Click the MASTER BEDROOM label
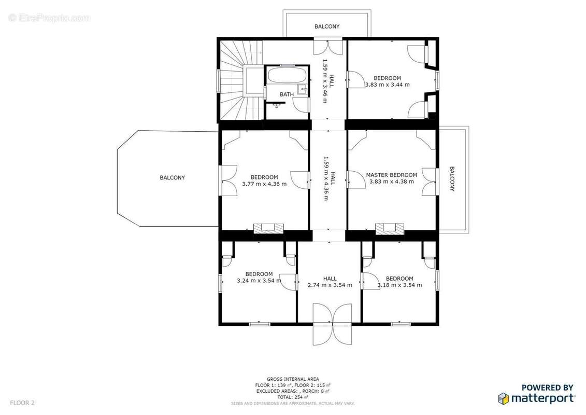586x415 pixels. [391, 175]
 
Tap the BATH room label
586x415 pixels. [287, 94]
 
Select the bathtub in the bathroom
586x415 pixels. [287, 76]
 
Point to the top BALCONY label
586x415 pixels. [327, 26]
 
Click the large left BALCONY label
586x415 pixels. [172, 178]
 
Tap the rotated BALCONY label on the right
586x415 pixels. [452, 179]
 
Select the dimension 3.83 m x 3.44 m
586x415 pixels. [387, 85]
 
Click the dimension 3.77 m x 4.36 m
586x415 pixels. [264, 184]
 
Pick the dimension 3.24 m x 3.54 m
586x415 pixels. [259, 281]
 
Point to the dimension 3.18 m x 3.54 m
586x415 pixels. [399, 285]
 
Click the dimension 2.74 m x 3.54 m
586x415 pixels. [330, 285]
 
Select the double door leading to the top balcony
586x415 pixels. [327, 47]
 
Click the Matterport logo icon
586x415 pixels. [504, 398]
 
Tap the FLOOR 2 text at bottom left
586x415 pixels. [22, 403]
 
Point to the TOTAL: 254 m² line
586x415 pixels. [293, 397]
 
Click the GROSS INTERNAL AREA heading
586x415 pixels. [293, 379]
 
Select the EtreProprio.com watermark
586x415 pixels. [49, 18]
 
